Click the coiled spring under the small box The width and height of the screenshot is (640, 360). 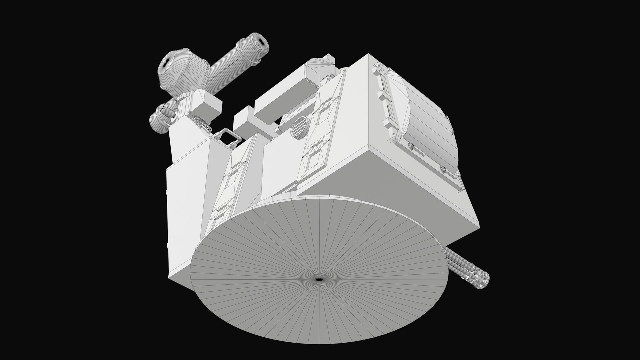[x=201, y=123]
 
